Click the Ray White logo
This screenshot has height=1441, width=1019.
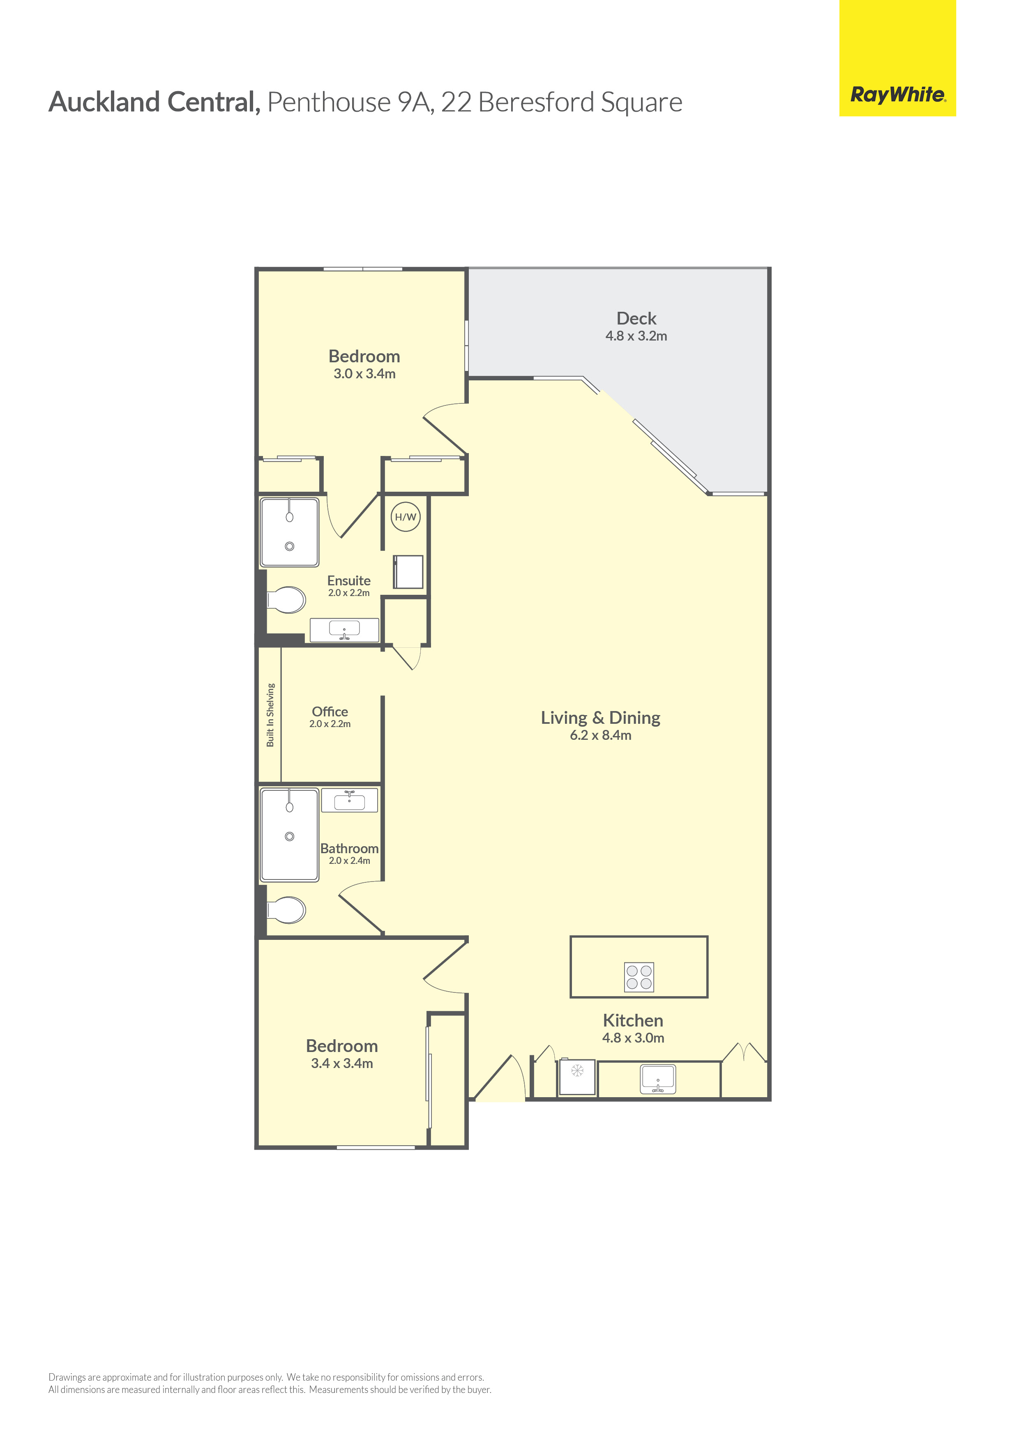897,95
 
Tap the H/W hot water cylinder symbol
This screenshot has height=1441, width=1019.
405,517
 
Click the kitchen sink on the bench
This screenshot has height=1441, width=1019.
657,1079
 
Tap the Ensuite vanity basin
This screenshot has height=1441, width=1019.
344,629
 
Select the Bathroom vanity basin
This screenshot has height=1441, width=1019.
349,801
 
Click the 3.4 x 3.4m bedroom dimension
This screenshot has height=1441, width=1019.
342,1063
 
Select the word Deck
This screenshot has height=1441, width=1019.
636,318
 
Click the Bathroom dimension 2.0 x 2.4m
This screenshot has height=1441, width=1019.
349,861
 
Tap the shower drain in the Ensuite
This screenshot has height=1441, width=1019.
289,546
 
